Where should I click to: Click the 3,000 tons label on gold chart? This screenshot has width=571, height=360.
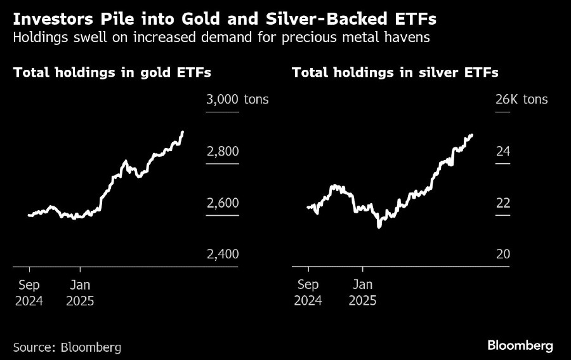[x=237, y=100]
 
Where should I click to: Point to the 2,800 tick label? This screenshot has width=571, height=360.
[x=222, y=152]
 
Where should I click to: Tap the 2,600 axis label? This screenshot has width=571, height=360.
[x=222, y=203]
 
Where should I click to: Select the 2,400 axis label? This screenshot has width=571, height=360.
[x=222, y=254]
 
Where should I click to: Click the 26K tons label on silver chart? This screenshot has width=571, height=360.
[x=521, y=100]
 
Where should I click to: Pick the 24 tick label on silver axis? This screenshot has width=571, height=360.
[x=502, y=152]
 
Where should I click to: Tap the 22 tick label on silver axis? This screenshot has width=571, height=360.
[x=502, y=203]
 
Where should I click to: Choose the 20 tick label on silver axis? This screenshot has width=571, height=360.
[x=502, y=254]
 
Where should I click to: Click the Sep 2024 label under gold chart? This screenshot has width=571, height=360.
[x=29, y=292]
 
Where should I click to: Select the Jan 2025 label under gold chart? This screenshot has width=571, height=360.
[x=80, y=292]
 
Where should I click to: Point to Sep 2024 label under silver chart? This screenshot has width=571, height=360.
[x=308, y=292]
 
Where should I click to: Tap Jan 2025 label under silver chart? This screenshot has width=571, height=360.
[x=363, y=292]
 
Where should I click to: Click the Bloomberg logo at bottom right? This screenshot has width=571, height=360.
[x=520, y=345]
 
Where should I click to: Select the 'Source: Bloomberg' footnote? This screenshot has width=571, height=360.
[x=67, y=347]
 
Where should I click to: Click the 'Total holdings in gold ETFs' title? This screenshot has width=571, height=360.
[x=112, y=72]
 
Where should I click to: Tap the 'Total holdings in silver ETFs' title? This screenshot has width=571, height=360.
[x=395, y=72]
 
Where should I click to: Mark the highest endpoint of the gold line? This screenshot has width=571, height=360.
[x=183, y=132]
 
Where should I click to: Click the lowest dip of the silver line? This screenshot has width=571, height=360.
[x=379, y=226]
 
